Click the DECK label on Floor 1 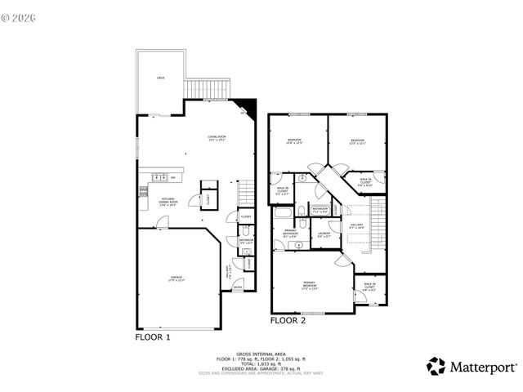pyautogui.click(x=161, y=78)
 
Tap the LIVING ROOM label pyautogui.click(x=216, y=137)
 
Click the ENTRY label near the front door pyautogui.click(x=239, y=287)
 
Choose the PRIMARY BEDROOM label pyautogui.click(x=309, y=285)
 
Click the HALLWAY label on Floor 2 pyautogui.click(x=357, y=225)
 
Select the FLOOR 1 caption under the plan pyautogui.click(x=153, y=336)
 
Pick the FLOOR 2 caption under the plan pyautogui.click(x=288, y=321)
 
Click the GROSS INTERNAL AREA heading pyautogui.click(x=261, y=353)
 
